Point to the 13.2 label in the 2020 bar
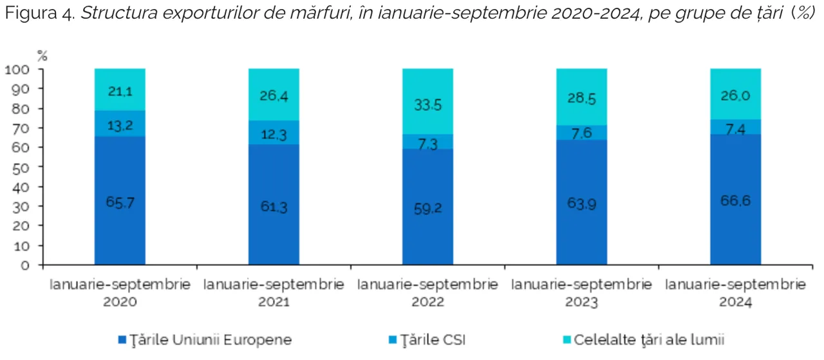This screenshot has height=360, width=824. [x=120, y=125]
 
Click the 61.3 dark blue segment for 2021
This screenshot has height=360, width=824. [x=274, y=206]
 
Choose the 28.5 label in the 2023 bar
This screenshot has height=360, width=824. [x=581, y=98]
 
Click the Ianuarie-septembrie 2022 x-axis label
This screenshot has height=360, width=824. [x=427, y=292]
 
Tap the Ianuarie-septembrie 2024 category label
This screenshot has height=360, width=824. [x=735, y=292]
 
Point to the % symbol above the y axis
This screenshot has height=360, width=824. [x=42, y=55]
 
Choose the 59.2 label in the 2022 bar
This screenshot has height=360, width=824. [x=427, y=209]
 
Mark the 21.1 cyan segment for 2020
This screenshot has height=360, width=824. [x=120, y=91]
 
